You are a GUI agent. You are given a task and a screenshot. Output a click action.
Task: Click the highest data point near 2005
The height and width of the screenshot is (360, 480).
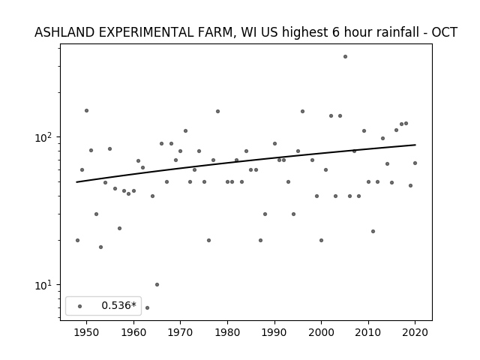pos(345,57)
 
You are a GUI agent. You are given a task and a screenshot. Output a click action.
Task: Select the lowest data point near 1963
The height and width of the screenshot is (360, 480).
pos(147,307)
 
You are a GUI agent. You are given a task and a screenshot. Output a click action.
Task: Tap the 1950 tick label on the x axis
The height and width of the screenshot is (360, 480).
pos(87,332)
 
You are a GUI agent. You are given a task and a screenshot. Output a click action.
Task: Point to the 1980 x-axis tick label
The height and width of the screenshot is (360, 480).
pos(227,332)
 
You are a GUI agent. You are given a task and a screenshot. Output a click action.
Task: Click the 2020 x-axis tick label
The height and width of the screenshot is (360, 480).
pos(415,332)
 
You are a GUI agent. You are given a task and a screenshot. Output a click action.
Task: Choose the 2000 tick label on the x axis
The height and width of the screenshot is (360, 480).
pos(321,332)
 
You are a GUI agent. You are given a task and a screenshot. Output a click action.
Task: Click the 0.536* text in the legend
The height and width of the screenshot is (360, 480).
pos(118,305)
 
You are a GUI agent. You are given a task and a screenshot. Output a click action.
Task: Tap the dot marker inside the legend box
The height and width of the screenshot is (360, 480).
pos(80,306)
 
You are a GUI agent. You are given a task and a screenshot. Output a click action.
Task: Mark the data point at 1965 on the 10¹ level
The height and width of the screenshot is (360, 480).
pos(157,285)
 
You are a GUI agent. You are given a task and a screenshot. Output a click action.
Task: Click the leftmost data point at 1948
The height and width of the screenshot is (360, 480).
pos(77,240)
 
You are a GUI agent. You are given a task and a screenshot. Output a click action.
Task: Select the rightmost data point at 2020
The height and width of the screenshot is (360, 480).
pos(415,163)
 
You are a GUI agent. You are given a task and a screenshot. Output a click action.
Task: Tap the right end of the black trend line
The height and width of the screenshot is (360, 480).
pos(415,145)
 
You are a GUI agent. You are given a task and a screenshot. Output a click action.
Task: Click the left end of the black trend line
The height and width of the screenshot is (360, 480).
pos(76,182)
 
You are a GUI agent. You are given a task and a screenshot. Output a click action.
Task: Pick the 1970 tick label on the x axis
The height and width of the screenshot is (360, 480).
pos(180,332)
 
